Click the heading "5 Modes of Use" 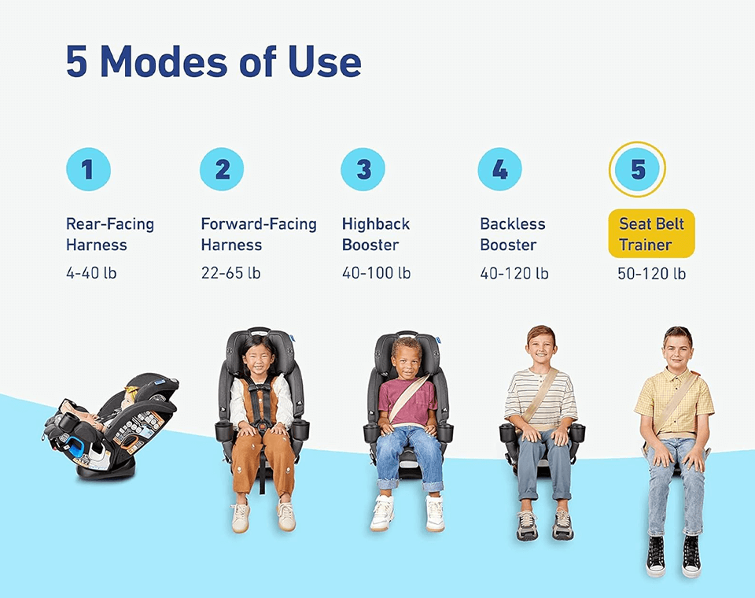click(x=213, y=61)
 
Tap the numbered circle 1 click(x=88, y=169)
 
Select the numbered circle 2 click(x=222, y=169)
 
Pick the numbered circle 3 click(x=363, y=169)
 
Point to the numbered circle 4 click(x=500, y=169)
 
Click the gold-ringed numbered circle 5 click(x=637, y=169)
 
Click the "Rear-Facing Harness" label click(x=110, y=234)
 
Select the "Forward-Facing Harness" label click(x=259, y=234)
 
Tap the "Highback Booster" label click(x=376, y=234)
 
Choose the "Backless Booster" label click(x=512, y=234)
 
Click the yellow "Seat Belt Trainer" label click(x=651, y=234)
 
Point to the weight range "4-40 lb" click(x=91, y=273)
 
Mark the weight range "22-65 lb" click(x=230, y=273)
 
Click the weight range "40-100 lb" click(x=376, y=273)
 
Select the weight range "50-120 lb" click(x=651, y=274)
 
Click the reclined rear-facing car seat click(x=112, y=426)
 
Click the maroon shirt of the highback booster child click(x=407, y=401)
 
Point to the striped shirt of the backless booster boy click(x=540, y=397)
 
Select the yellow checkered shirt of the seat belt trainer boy click(x=674, y=400)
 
